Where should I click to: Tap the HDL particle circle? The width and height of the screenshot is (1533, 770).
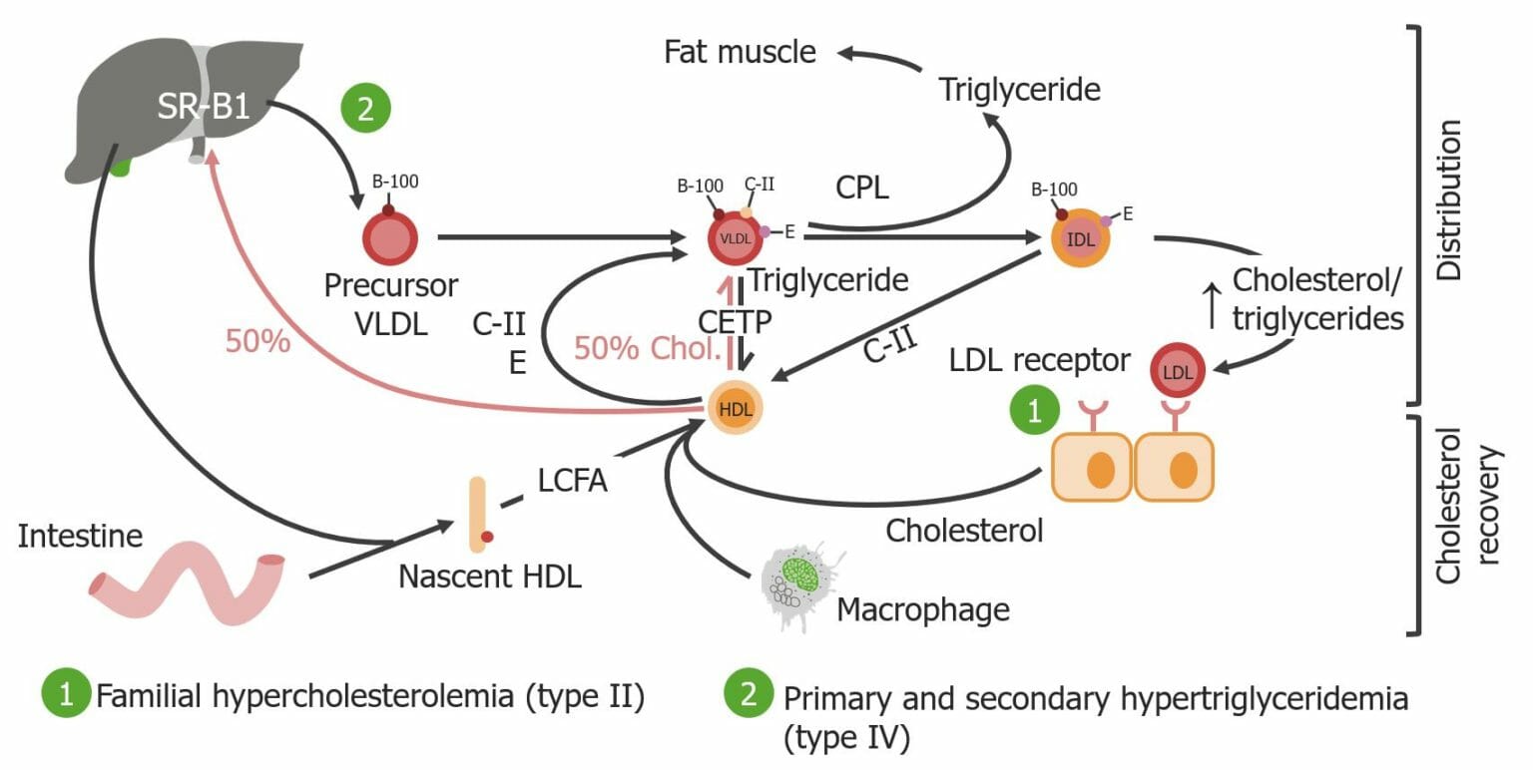(x=736, y=408)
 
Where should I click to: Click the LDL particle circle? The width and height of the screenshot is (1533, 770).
(x=1178, y=371)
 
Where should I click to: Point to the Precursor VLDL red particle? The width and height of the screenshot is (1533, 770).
(x=389, y=238)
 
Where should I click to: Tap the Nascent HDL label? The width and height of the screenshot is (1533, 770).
(x=489, y=576)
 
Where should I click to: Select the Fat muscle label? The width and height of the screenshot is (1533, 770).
(x=740, y=51)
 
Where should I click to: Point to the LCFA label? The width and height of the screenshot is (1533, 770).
(x=573, y=482)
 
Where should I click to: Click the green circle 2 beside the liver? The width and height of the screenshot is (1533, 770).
(x=365, y=108)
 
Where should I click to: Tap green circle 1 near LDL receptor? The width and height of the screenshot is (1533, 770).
(x=1034, y=412)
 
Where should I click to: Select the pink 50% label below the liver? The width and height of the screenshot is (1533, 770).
(x=257, y=341)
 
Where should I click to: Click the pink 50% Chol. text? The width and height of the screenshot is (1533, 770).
(x=647, y=348)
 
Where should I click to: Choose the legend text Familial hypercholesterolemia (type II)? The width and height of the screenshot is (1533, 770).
(x=367, y=695)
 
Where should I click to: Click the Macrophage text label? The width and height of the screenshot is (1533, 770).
(x=923, y=607)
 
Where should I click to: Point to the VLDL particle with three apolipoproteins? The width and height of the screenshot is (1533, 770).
(x=736, y=238)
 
